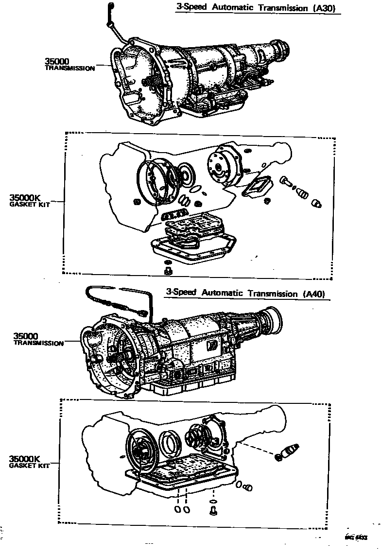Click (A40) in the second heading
pyautogui.click(x=313, y=294)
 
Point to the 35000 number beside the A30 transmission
pyautogui.click(x=57, y=61)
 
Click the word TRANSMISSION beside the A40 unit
pyautogui.click(x=38, y=343)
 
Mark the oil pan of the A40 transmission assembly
pyautogui.click(x=194, y=389)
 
